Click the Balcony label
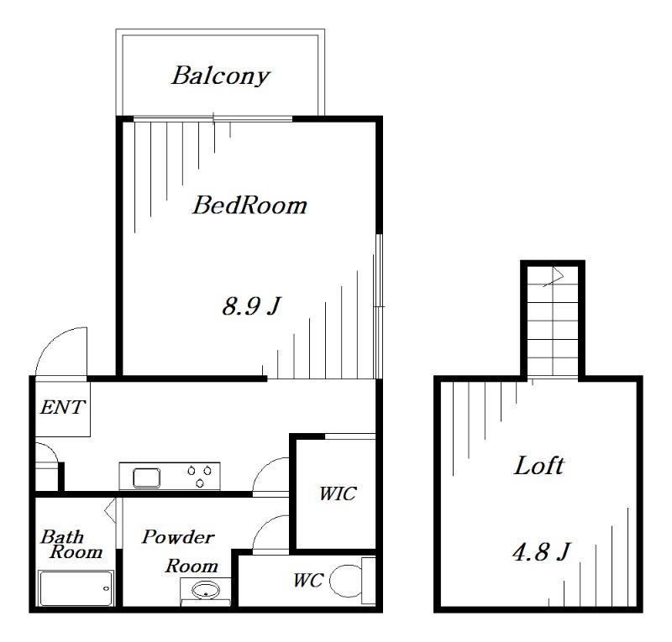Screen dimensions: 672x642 click(221, 76)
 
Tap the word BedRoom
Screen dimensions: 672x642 click(249, 205)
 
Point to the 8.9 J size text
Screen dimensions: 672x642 click(251, 305)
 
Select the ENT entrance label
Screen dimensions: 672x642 click(62, 407)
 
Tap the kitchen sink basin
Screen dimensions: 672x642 click(146, 478)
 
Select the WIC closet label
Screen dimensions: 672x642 click(338, 493)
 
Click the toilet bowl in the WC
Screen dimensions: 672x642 click(346, 581)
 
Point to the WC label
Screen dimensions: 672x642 click(308, 581)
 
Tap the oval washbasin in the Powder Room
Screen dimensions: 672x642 click(205, 591)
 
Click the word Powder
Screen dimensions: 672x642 click(178, 537)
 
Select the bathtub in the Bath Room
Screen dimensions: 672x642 click(76, 588)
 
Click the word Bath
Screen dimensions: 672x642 click(62, 536)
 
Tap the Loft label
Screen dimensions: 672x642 click(538, 465)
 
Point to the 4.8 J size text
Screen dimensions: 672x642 click(541, 551)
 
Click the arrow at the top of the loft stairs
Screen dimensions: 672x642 click(554, 277)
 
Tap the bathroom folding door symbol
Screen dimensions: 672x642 click(111, 509)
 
